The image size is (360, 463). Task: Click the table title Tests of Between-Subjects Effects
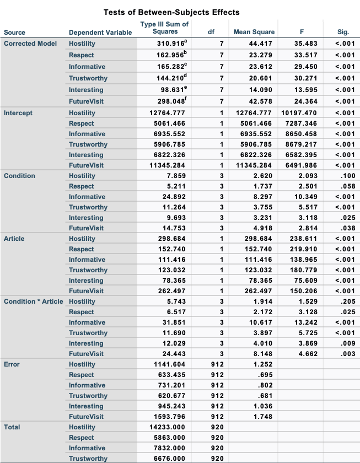pyautogui.click(x=171, y=12)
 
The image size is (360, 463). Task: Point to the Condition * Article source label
pyautogui.click(x=34, y=302)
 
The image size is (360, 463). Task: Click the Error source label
pyautogui.click(x=12, y=364)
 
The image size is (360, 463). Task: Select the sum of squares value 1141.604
pyautogui.click(x=169, y=364)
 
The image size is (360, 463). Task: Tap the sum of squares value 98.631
pyautogui.click(x=173, y=90)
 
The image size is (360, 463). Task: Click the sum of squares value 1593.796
pyautogui.click(x=169, y=417)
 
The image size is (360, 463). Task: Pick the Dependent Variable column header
pyautogui.click(x=100, y=33)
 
